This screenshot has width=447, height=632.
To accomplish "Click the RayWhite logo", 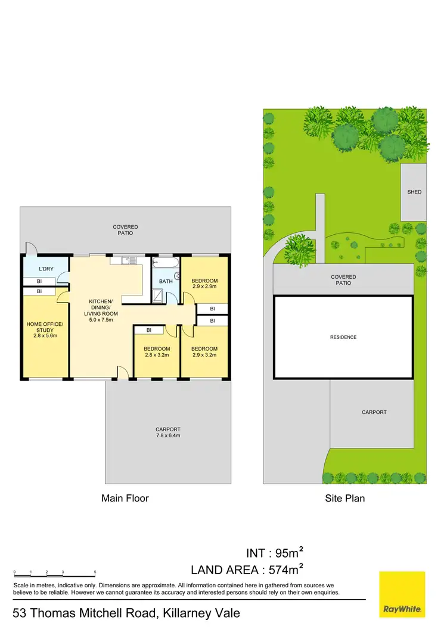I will (402, 594).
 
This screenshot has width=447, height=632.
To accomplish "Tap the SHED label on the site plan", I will (414, 192).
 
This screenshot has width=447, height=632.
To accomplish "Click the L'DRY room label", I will (46, 269).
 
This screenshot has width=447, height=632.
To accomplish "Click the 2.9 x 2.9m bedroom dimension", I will (204, 287).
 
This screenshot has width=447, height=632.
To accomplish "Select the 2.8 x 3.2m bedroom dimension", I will (157, 355).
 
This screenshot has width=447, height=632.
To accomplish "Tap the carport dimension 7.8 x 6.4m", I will (168, 435).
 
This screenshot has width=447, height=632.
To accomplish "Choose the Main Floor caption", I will (125, 498).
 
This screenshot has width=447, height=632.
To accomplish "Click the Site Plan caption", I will (344, 498).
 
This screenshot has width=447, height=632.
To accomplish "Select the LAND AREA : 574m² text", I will (251, 569).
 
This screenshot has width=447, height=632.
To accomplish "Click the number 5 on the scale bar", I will (95, 572).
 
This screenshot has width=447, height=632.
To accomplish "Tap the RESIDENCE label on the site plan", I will (343, 337).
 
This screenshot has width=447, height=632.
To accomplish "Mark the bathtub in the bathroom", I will (165, 261).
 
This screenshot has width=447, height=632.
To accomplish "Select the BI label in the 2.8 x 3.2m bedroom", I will (149, 330).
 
